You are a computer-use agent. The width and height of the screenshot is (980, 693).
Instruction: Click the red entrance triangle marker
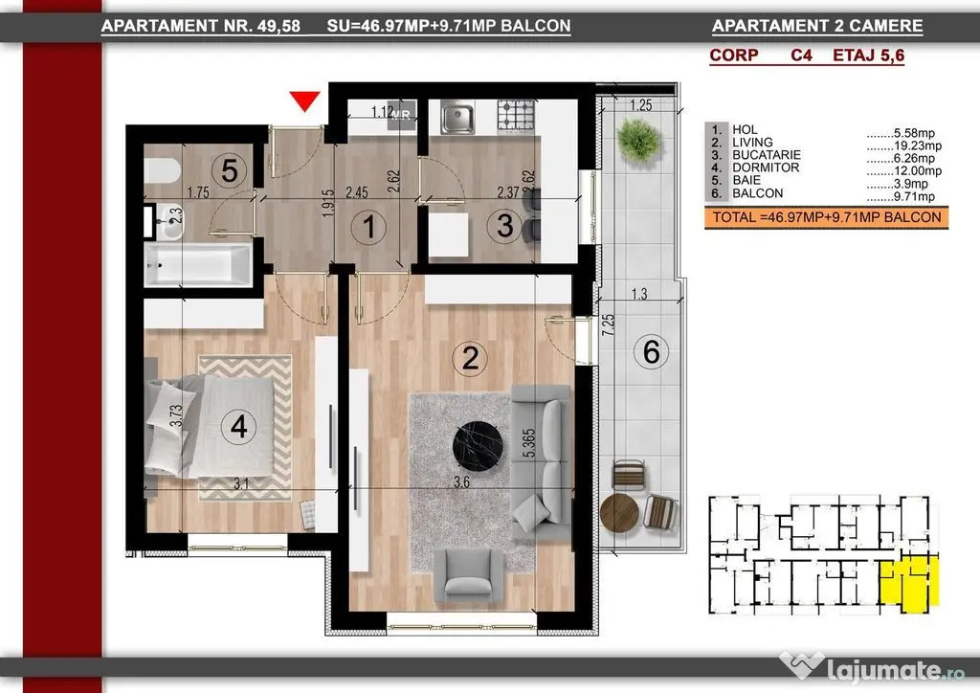pos(305,100)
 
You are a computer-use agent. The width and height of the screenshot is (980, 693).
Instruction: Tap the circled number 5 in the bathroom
pos(229,169)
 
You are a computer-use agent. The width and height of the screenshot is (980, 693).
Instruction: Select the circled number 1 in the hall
pos(368,226)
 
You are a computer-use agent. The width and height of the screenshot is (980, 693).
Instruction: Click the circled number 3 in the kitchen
pos(504,225)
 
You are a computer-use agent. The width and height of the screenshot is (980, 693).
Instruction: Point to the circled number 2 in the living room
pos(470,358)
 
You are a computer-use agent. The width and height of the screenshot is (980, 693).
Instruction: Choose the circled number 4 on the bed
pos(238,427)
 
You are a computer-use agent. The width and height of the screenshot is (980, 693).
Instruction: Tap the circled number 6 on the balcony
pos(651,351)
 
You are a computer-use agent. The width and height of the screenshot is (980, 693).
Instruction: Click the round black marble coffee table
pos(479,446)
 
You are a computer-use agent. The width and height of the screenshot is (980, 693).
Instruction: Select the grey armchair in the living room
pos(468,576)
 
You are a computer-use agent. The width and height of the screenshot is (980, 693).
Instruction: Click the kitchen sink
pos(457,117)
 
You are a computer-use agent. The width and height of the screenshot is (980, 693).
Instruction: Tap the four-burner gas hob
pos(516,116)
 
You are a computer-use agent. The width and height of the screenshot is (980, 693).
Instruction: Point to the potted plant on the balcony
pos(638,140)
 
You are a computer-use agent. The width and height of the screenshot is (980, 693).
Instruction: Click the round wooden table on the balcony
pos(619,513)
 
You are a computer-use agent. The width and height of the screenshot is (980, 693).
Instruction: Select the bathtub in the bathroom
pos(199,264)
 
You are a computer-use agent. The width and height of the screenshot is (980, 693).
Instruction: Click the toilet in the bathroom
pos(162,170)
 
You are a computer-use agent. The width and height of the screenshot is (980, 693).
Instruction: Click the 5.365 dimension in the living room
pos(528,443)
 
